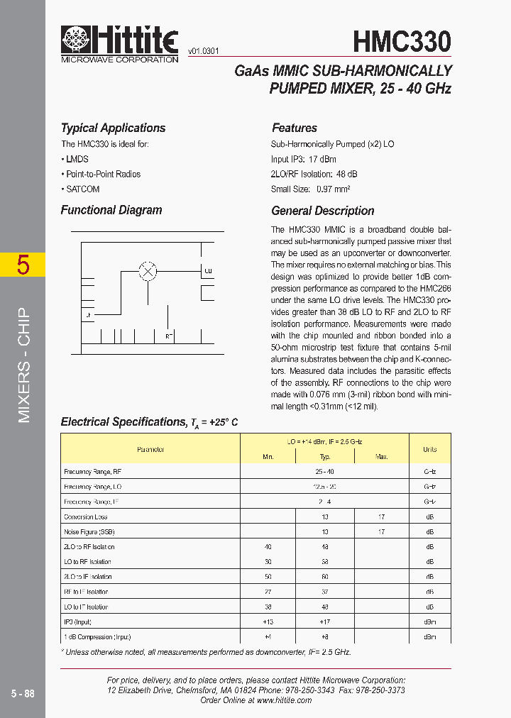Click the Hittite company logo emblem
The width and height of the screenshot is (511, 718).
coord(77,40)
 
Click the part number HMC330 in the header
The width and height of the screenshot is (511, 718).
coord(402,42)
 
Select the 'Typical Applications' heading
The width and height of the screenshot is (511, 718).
coord(113,128)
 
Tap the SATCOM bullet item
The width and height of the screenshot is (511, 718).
coord(82,189)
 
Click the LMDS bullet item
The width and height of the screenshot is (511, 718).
coord(77,160)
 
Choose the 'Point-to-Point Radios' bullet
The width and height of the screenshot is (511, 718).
coord(102,175)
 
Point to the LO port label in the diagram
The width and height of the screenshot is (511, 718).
coord(208,271)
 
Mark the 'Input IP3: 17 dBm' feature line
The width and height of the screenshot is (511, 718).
coord(303,160)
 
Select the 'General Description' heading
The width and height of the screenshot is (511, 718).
coord(322,211)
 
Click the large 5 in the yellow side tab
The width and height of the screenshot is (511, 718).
coord(23,265)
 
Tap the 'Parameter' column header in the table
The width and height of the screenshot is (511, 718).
coord(150,449)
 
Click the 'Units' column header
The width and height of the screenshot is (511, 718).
coord(429,449)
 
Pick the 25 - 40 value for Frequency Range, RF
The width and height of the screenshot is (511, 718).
coord(324,472)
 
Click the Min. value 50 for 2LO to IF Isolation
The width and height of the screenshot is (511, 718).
coord(268,577)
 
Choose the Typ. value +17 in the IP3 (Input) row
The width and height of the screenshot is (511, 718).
coord(324,622)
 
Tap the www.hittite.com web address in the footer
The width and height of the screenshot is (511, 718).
coord(284,700)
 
